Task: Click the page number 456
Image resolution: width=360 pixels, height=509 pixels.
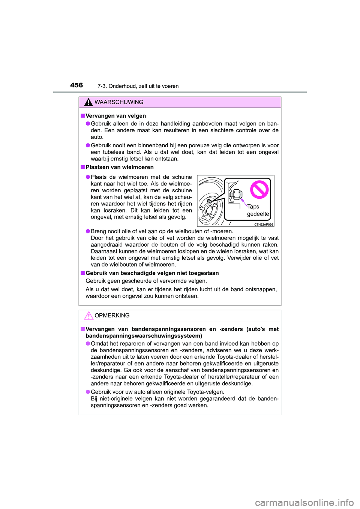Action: coord(76,85)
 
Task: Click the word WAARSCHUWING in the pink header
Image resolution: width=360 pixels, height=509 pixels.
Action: coord(119,102)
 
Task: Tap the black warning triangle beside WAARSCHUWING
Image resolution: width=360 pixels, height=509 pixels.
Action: coord(88,102)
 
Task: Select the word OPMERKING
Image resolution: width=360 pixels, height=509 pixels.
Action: coord(112,316)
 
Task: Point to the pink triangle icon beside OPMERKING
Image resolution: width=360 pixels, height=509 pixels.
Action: coord(88,316)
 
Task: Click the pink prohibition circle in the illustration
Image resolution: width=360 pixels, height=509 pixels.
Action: coord(259,189)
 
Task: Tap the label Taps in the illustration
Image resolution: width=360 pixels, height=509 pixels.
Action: coord(253,207)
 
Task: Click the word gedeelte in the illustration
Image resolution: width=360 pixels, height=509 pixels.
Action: coord(258,214)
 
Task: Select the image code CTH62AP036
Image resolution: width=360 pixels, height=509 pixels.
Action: coord(264,225)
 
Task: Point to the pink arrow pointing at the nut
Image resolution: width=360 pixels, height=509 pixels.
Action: coord(244,203)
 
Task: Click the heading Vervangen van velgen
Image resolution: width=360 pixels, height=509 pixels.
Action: coord(115,116)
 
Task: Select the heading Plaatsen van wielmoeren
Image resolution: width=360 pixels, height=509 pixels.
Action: coord(120,167)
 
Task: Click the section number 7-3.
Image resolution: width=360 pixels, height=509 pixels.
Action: coord(102,86)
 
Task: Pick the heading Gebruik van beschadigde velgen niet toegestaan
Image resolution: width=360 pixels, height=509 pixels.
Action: coord(152,273)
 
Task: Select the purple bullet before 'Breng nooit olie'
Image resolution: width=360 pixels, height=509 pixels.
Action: coord(87,231)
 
